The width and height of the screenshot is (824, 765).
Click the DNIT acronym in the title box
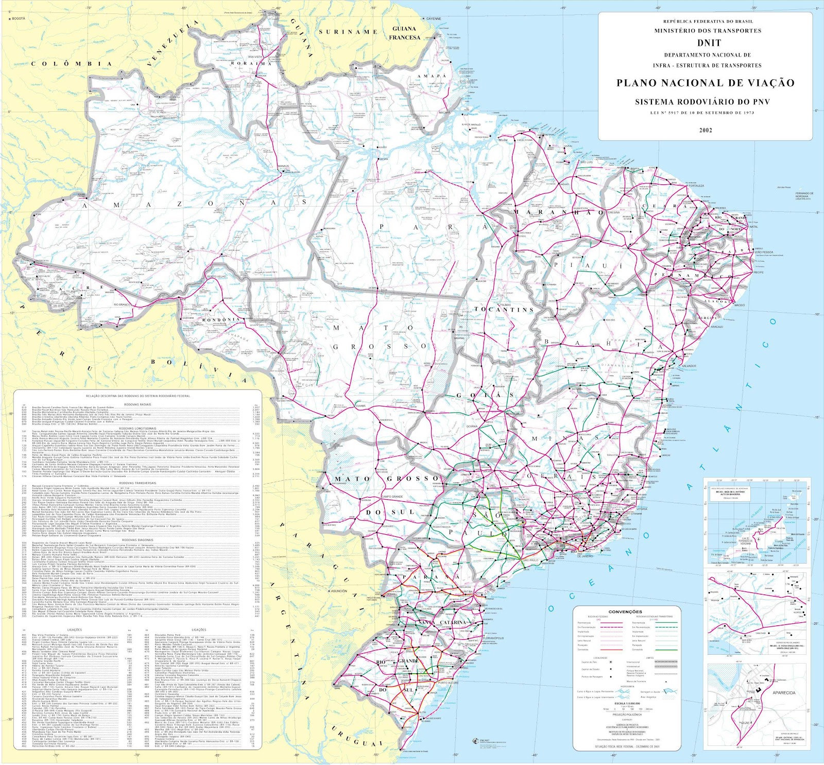coord(706,43)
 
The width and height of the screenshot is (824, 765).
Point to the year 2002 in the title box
coord(706,130)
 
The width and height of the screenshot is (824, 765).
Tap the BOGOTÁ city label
coord(18,19)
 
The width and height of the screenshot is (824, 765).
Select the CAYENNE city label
coord(433,19)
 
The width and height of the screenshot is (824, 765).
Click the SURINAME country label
coord(348,32)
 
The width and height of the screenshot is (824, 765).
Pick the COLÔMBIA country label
coord(72,64)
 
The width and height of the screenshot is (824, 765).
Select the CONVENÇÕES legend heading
coord(625,611)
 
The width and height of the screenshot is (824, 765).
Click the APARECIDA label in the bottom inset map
coord(784,693)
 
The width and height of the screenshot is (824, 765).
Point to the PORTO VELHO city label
coord(216,277)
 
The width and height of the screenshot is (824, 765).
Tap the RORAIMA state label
coord(251,63)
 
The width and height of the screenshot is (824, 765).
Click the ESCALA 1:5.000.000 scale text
coord(627,703)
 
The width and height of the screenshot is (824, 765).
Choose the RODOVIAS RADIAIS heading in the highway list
coord(138,405)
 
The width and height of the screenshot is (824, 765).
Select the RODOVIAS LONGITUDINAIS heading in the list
coord(138,428)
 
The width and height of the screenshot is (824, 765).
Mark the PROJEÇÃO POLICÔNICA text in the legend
coord(627,715)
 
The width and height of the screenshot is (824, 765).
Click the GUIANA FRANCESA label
coord(404,33)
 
